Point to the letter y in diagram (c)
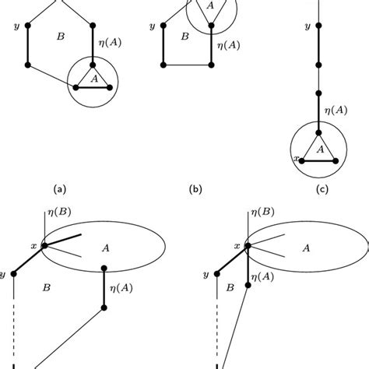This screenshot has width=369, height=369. pos(307,26)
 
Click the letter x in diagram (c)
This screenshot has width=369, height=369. pos(295,158)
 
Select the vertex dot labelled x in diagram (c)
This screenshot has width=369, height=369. pos(303,160)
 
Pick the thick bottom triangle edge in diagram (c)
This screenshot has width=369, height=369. pos(319,160)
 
